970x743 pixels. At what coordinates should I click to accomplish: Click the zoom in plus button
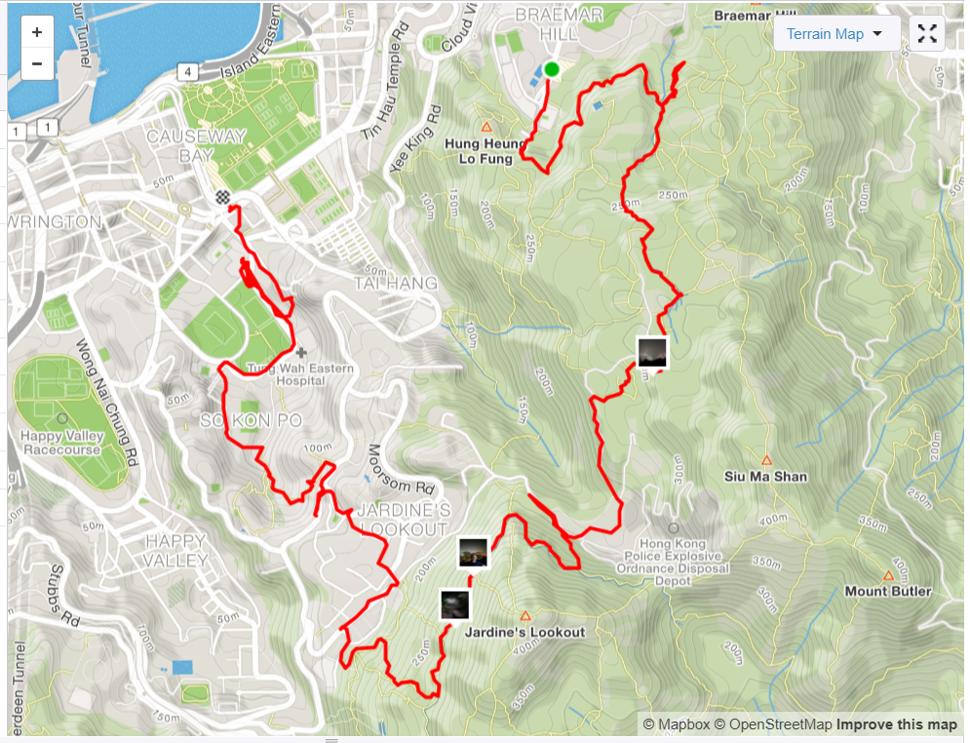tap(36, 32)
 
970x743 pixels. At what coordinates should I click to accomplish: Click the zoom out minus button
tap(36, 64)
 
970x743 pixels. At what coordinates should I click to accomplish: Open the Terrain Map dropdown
tap(836, 34)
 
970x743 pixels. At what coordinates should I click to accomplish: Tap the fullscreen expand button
tap(927, 34)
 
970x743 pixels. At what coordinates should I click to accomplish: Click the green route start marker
tap(552, 69)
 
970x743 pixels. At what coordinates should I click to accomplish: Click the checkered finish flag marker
tap(224, 198)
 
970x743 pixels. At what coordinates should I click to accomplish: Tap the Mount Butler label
tap(887, 591)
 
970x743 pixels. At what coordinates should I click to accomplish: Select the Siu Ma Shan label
tap(765, 477)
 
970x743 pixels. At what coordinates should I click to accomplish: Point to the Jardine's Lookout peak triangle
tap(525, 615)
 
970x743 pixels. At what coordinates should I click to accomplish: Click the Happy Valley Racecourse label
tap(60, 444)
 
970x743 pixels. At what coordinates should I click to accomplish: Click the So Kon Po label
tap(238, 420)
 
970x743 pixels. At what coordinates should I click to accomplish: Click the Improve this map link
tap(896, 724)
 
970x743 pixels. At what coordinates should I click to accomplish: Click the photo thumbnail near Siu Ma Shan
tap(652, 353)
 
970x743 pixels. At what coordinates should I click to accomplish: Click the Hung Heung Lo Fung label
tap(485, 150)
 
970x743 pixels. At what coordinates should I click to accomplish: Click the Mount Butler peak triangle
tap(888, 575)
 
